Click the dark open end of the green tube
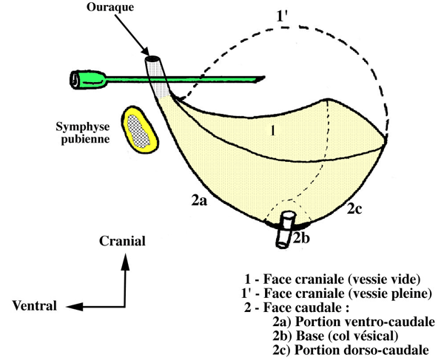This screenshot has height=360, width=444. (77, 78)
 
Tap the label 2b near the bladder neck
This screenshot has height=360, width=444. (302, 237)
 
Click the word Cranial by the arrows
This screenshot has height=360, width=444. (124, 241)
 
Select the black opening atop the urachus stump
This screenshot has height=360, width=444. (154, 60)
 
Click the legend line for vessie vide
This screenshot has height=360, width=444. (332, 279)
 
